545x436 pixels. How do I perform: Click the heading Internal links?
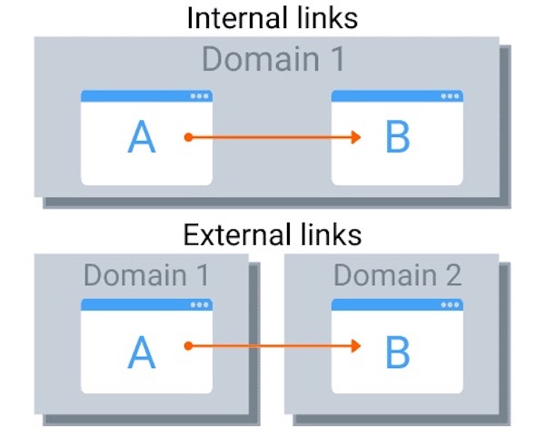click(x=272, y=17)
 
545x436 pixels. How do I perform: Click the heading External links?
click(x=272, y=234)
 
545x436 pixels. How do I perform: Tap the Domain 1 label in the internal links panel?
click(x=273, y=59)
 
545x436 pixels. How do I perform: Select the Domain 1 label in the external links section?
click(x=146, y=273)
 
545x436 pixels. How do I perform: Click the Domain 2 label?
click(x=397, y=273)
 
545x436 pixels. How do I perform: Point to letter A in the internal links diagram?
click(x=142, y=137)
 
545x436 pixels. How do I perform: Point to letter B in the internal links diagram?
click(x=398, y=137)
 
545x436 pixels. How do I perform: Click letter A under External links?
click(x=142, y=352)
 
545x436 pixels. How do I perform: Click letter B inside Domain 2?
click(x=398, y=352)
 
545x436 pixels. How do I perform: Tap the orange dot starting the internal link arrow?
click(x=187, y=137)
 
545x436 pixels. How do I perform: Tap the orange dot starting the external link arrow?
click(x=187, y=345)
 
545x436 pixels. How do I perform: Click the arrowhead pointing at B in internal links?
click(x=357, y=137)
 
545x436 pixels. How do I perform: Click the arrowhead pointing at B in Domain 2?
click(x=357, y=345)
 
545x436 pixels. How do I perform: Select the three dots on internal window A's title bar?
click(x=199, y=96)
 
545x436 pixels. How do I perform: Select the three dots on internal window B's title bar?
click(x=450, y=96)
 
